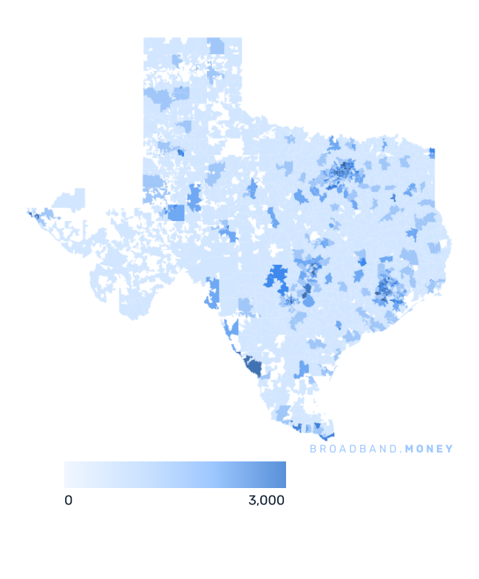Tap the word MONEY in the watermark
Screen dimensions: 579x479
click(427, 449)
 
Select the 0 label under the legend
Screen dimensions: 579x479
click(68, 501)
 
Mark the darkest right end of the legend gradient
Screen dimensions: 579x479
click(282, 475)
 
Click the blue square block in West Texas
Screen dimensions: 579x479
click(176, 213)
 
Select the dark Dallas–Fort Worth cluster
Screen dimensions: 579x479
click(342, 173)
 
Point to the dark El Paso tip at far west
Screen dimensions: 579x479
click(32, 215)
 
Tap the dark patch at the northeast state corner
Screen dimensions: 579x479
click(432, 153)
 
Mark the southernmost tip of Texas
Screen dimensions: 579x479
click(330, 436)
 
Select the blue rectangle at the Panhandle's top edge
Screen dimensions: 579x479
click(216, 46)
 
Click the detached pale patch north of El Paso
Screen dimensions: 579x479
click(71, 198)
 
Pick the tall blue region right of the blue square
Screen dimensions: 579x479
click(194, 198)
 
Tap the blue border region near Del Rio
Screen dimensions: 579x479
click(213, 292)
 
